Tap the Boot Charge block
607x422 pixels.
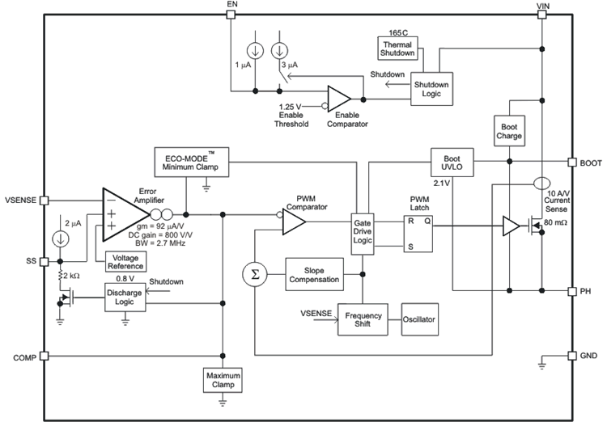pyautogui.click(x=508, y=132)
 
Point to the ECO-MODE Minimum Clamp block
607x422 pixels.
pyautogui.click(x=191, y=162)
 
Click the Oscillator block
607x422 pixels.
pyautogui.click(x=420, y=320)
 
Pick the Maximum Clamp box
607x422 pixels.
pyautogui.click(x=223, y=379)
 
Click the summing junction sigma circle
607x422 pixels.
pyautogui.click(x=256, y=273)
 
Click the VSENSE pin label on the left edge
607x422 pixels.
pyautogui.click(x=21, y=199)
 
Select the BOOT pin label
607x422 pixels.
pyautogui.click(x=590, y=162)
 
